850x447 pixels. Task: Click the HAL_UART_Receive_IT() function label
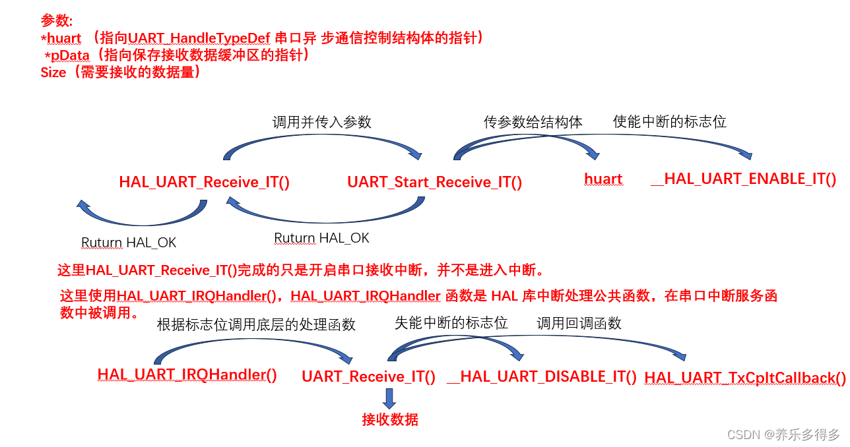coord(204,182)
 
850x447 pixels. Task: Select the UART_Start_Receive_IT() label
coord(434,182)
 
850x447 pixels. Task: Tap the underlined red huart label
coord(603,179)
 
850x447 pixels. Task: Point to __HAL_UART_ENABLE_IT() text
coord(743,179)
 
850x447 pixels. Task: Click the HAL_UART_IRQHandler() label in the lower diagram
coord(187,374)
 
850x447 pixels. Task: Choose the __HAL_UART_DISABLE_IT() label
coord(541,376)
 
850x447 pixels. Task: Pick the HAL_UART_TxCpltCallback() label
coord(744,378)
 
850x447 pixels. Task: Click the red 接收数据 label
coord(389,419)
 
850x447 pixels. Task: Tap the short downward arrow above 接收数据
coord(389,398)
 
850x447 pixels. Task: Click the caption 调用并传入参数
coord(321,122)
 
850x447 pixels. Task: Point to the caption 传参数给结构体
coord(533,122)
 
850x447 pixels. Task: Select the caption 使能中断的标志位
coord(669,121)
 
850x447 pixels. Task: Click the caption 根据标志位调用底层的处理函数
coord(256,324)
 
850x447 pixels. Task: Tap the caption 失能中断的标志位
coord(451,322)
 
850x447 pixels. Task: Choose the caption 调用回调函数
coord(579,322)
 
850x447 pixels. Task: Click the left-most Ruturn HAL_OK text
coord(129,243)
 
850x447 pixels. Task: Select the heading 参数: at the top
coord(57,20)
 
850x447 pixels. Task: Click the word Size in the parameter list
coord(53,73)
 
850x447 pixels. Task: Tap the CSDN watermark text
coord(783,434)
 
